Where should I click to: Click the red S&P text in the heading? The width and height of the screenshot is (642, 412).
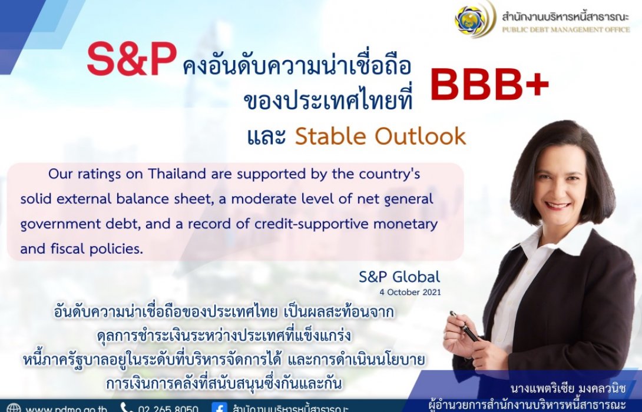pyautogui.click(x=131, y=62)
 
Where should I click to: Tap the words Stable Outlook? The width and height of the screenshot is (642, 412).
pyautogui.click(x=380, y=137)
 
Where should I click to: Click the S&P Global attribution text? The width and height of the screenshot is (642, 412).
pyautogui.click(x=399, y=276)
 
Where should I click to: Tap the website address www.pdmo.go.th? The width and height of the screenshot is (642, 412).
pyautogui.click(x=66, y=408)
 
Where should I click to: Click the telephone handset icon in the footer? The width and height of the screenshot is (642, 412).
pyautogui.click(x=127, y=408)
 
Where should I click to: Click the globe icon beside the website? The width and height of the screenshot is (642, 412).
pyautogui.click(x=14, y=408)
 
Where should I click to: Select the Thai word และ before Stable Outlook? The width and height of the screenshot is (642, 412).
pyautogui.click(x=266, y=137)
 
